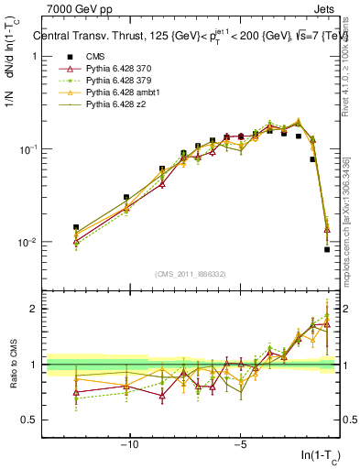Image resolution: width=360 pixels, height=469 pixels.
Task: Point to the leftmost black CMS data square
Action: pyautogui.click(x=76, y=227)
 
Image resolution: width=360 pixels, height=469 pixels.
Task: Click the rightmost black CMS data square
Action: pyautogui.click(x=327, y=249)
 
